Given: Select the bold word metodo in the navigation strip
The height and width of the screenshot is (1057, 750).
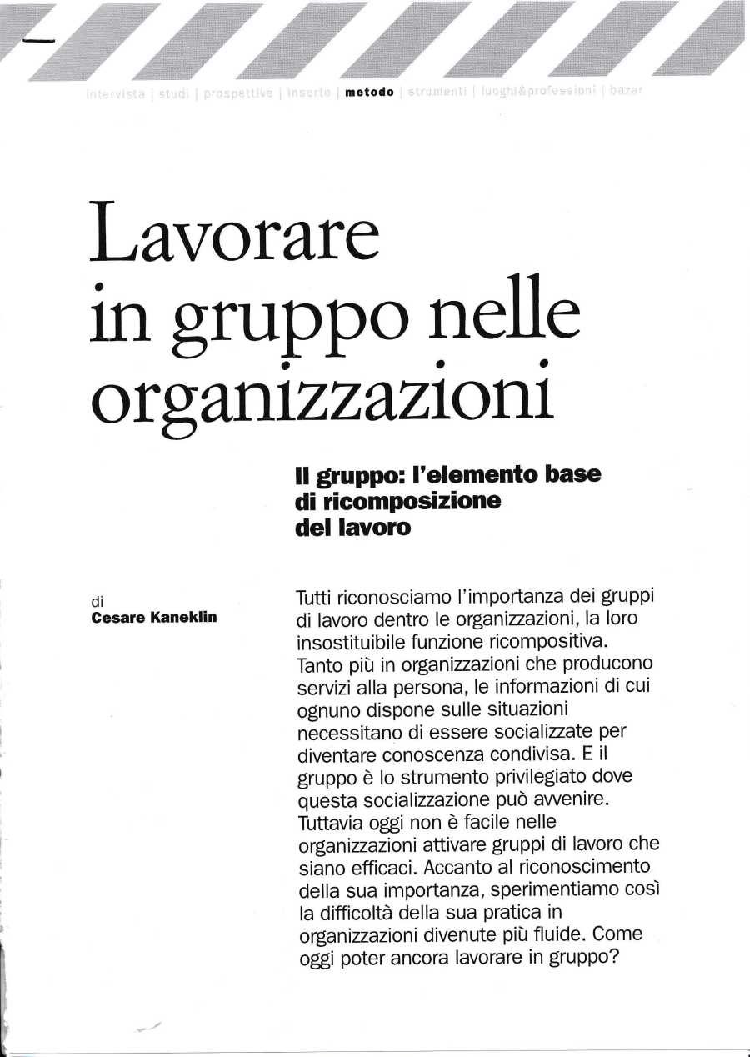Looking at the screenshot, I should pyautogui.click(x=368, y=92).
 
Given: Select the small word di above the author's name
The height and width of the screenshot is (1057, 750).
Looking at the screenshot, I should pyautogui.click(x=97, y=600).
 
